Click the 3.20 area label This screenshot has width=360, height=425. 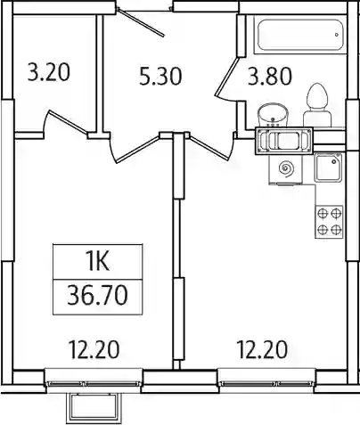coord(49,72)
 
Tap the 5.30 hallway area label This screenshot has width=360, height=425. coord(160,76)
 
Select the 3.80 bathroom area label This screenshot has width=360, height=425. coord(270,76)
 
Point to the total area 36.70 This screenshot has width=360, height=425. coord(97,295)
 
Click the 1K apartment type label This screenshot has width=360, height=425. coord(98,262)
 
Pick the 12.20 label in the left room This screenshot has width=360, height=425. coord(94,349)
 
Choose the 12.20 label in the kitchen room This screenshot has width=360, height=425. coord(262,349)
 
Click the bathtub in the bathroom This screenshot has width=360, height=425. coord(300,36)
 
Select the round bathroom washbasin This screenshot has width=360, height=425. coord(272,115)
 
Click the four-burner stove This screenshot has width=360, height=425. coord(329,222)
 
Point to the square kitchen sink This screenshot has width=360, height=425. coord(328,168)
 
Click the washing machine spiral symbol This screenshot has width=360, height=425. coord(287,169)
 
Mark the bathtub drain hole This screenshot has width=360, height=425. coord(337,35)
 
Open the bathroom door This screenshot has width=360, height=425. coord(226,78)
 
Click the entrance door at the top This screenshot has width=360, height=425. coord(141,21)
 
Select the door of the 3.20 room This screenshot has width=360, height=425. coord(67,122)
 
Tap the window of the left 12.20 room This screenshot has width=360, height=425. coord(94,383)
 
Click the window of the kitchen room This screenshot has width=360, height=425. coord(266,383)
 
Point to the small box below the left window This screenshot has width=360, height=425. coord(94,408)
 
